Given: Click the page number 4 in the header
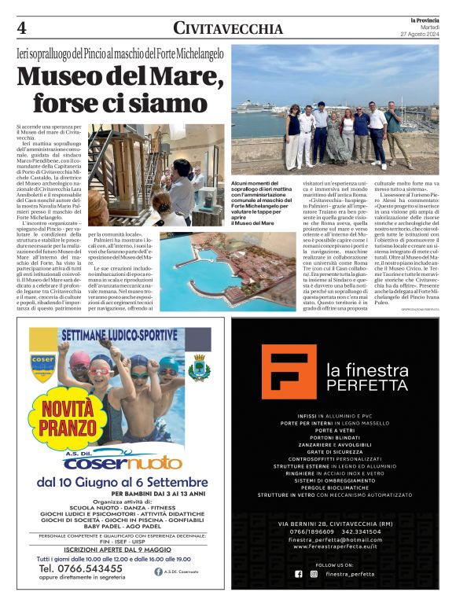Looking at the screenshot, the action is coord(21,28).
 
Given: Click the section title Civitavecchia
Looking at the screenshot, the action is coord(228,29).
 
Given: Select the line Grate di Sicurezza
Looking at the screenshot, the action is coord(342,453).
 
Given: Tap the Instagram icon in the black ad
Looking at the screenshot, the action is coord(314,574).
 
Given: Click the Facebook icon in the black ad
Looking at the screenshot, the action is coord(299,574).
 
